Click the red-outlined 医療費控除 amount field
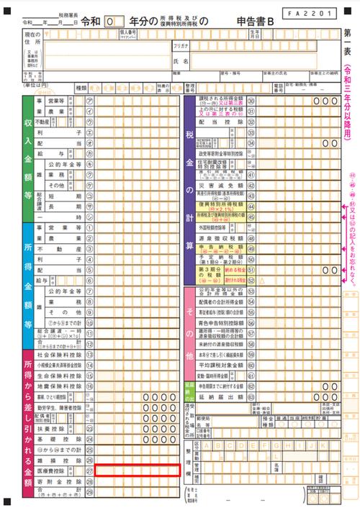coord(138,471)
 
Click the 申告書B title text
coord(256,23)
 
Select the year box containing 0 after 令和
coord(109,23)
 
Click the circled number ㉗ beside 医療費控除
coord(90,471)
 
